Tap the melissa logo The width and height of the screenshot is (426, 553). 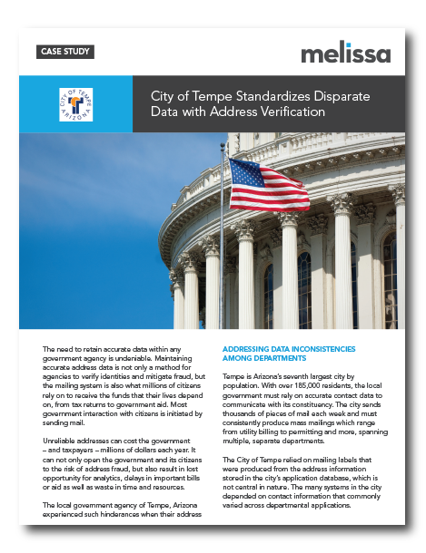[x=346, y=52]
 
